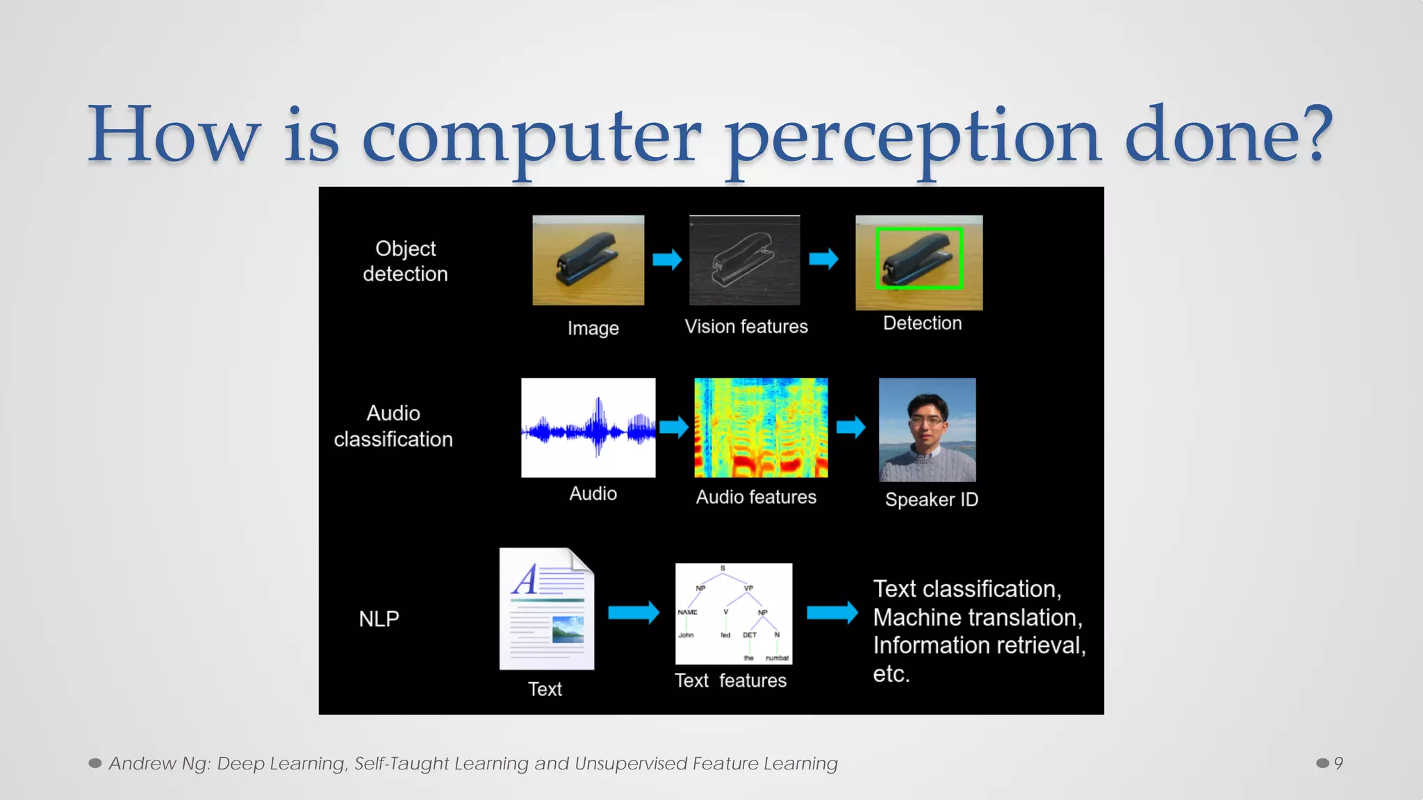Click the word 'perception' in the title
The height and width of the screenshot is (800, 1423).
(x=912, y=139)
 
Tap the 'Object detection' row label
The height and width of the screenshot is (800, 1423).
(x=405, y=261)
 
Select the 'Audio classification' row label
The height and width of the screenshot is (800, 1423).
(x=393, y=426)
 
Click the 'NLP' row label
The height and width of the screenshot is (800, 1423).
(x=379, y=619)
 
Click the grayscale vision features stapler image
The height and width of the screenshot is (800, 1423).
(x=744, y=260)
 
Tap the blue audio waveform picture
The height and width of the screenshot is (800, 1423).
(x=588, y=428)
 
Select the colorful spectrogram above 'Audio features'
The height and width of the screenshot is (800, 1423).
(x=761, y=428)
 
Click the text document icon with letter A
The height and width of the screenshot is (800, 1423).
(x=547, y=609)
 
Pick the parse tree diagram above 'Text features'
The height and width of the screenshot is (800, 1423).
(x=733, y=613)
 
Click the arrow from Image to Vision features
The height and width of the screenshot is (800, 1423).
(x=667, y=260)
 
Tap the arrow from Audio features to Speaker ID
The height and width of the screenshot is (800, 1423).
(x=850, y=426)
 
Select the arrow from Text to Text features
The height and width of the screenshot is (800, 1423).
(x=633, y=612)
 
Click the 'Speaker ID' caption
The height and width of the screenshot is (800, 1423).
(x=931, y=499)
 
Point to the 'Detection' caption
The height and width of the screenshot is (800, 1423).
(x=922, y=323)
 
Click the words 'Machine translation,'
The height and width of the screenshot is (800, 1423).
(x=977, y=617)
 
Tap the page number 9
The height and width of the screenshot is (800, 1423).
(x=1338, y=763)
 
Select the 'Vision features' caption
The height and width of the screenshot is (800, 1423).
(x=746, y=326)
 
